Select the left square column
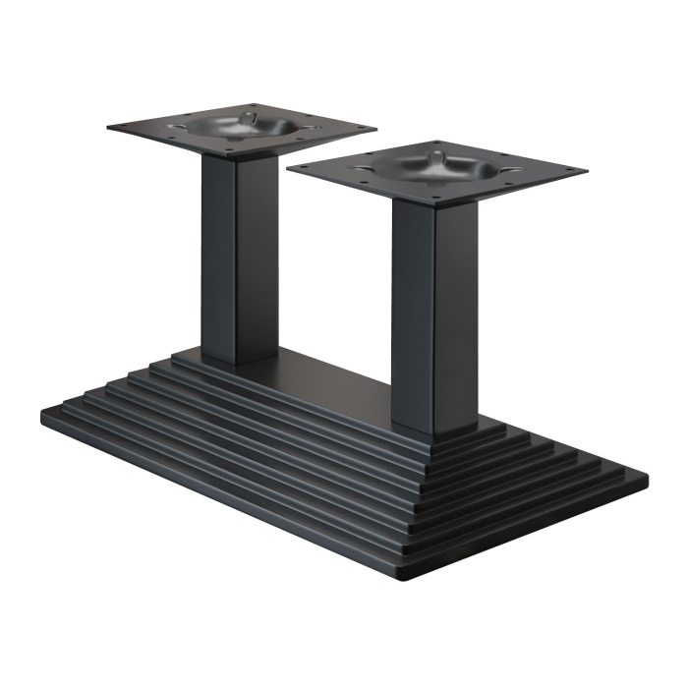(233, 260)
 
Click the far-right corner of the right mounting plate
(587, 173)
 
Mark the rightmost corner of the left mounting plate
(375, 130)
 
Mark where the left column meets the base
(234, 361)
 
